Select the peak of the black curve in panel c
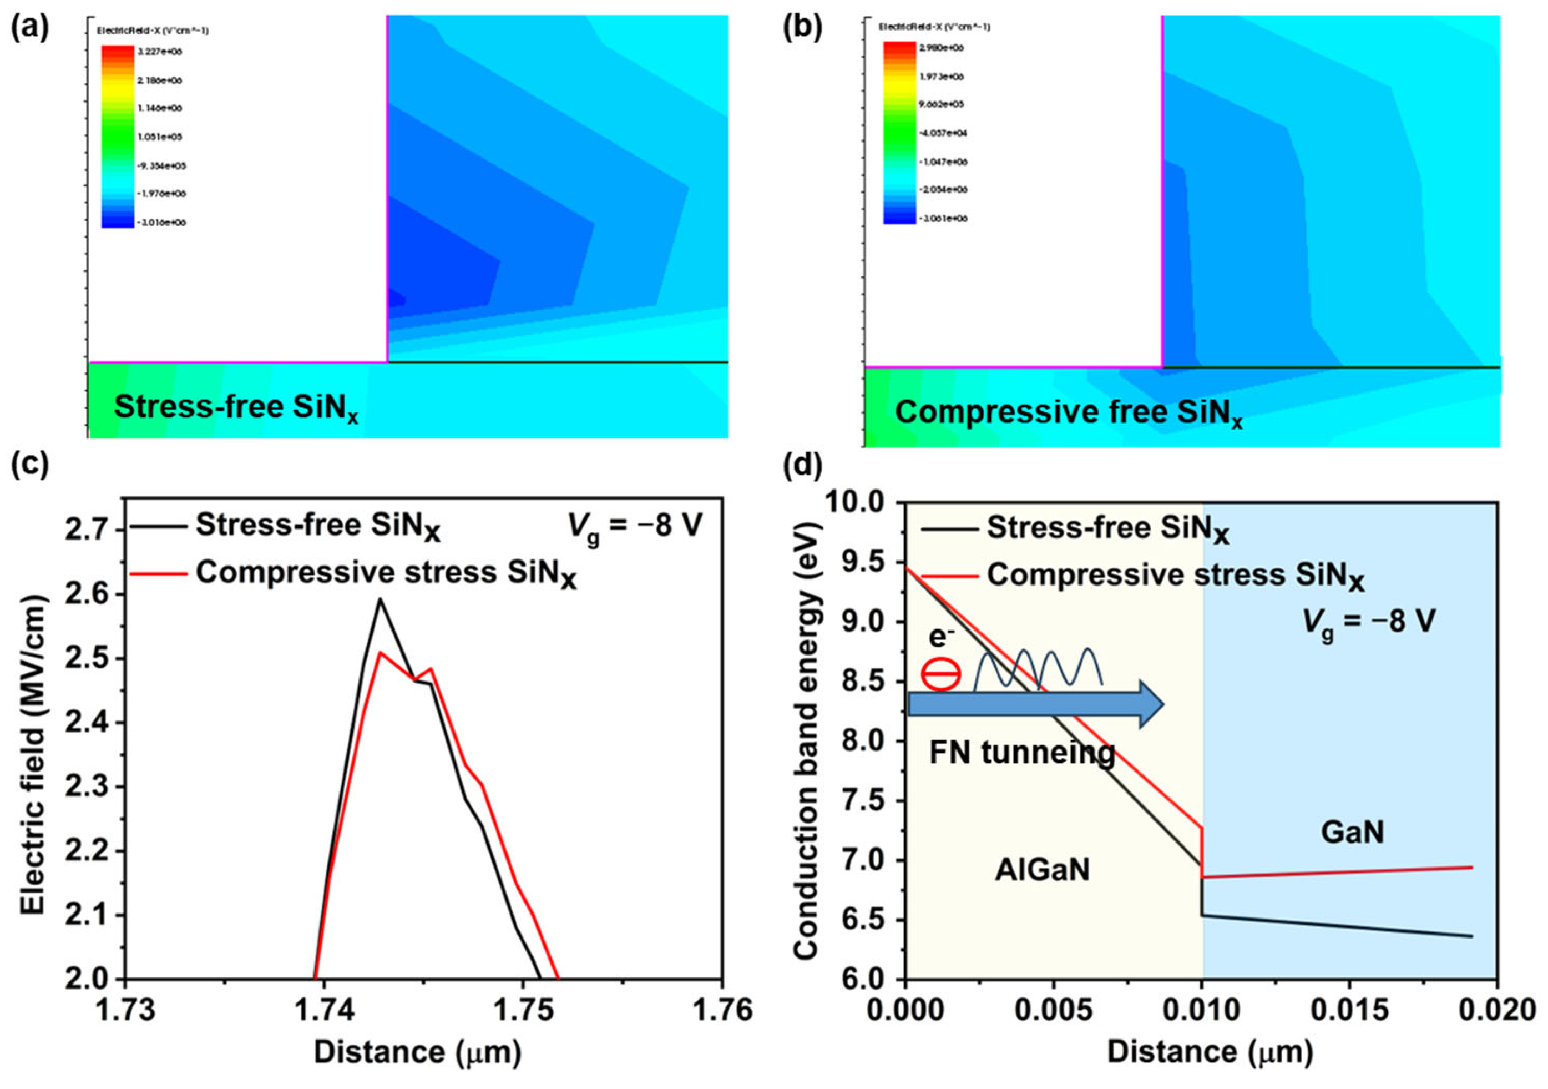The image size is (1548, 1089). pos(380,599)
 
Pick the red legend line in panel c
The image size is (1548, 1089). pos(156,574)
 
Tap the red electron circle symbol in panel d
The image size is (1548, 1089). pos(941,674)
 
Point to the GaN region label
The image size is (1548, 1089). pos(1353,834)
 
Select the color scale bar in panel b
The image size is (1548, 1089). pos(899,133)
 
